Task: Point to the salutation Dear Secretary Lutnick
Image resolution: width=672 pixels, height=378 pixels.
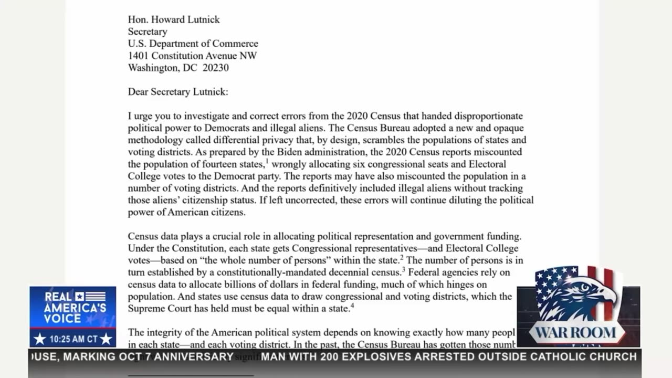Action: tap(178, 92)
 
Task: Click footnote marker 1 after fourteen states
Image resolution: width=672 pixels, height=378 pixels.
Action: tap(267, 162)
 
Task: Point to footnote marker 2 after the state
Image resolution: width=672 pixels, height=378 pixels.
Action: tap(402, 258)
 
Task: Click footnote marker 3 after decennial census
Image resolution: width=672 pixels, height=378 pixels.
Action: tap(403, 270)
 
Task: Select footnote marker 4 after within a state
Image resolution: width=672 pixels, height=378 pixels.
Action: tap(352, 306)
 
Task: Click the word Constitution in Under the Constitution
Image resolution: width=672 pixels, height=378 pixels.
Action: tap(192, 248)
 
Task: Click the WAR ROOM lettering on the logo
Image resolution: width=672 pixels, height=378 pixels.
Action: tap(576, 333)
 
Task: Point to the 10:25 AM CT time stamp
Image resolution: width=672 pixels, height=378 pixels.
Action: tap(73, 339)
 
